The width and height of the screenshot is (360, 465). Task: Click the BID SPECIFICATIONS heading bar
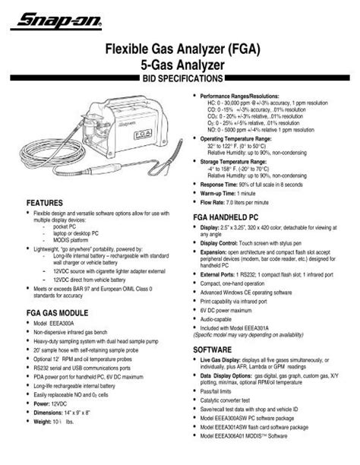coord(179,78)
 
